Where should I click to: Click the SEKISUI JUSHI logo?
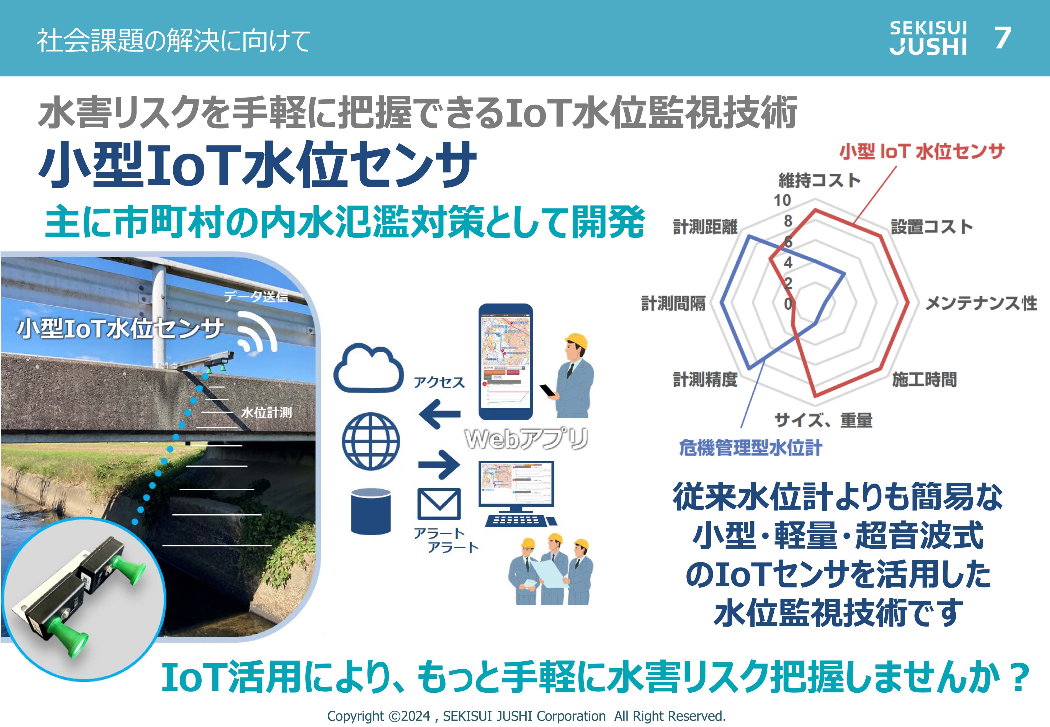point(928,38)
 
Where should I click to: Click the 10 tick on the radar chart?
point(782,200)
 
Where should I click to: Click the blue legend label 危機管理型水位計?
point(750,448)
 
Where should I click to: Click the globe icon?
point(371,441)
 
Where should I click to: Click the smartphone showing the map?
point(505,362)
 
